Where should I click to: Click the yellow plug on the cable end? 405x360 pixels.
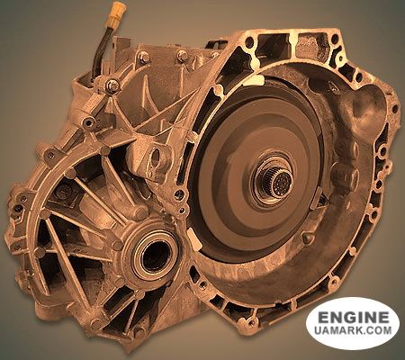coord(117,13)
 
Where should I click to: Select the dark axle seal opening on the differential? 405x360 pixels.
coord(156,253)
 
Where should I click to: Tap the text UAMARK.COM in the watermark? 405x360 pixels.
coord(353,330)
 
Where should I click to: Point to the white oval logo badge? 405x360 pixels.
coord(353,323)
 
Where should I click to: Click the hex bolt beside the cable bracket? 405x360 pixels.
coord(112,85)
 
